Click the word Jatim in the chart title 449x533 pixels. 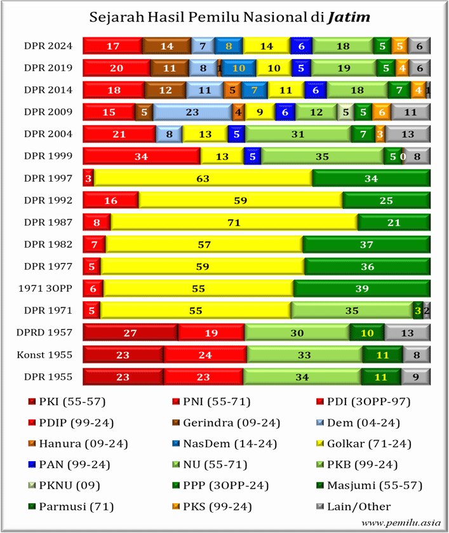(x=349, y=17)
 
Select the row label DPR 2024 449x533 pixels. (x=48, y=46)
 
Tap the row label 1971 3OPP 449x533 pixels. (x=45, y=288)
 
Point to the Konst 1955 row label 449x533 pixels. (x=44, y=355)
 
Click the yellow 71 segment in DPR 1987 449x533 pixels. (x=234, y=222)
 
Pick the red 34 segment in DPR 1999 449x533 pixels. (x=142, y=156)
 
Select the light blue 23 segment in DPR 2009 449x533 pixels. (x=192, y=112)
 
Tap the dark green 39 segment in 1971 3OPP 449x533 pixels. (x=362, y=288)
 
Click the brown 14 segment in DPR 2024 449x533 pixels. (x=166, y=46)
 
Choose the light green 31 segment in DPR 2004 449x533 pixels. (x=298, y=134)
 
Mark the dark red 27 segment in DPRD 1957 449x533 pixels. (x=130, y=332)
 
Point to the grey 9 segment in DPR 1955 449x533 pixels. (x=416, y=377)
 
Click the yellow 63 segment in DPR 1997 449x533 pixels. (x=203, y=178)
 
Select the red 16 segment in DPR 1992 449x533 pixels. (x=111, y=200)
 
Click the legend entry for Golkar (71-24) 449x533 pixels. (x=364, y=443)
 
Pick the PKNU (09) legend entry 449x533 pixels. (x=64, y=485)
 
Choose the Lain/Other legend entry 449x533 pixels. (x=354, y=506)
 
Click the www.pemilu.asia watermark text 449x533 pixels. (x=401, y=523)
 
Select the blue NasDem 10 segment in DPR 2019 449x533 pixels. (x=239, y=68)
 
